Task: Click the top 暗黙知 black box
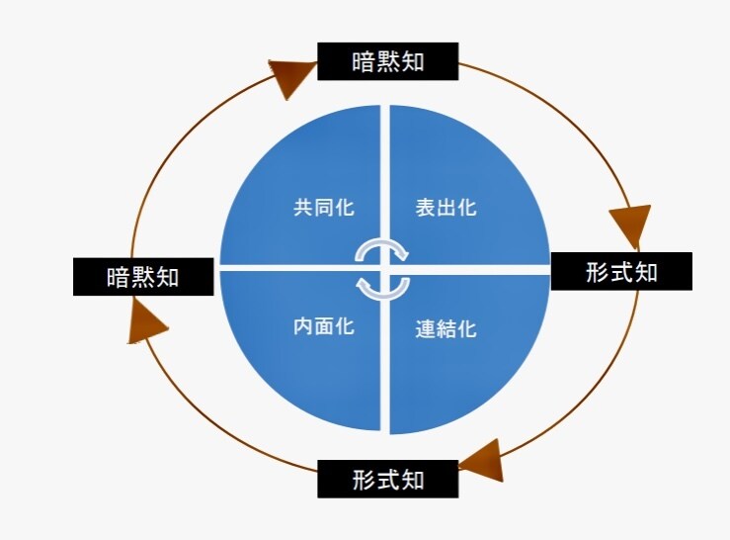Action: tap(388, 61)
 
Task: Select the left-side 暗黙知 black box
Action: tap(143, 277)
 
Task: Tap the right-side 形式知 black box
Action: tap(621, 271)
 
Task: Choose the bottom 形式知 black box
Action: tap(388, 479)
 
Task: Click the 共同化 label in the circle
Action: tap(324, 207)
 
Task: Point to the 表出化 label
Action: tap(446, 207)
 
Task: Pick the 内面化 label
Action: tap(324, 326)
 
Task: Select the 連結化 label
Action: tap(446, 329)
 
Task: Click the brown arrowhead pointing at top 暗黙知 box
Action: tap(292, 77)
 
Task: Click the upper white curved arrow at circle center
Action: tap(381, 248)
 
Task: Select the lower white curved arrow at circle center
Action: tap(382, 289)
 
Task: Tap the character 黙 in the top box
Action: tap(388, 61)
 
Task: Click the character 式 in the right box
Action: tap(621, 272)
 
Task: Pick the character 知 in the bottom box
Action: tap(413, 480)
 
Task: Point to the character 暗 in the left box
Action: tap(119, 277)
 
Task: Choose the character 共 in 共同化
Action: tap(303, 208)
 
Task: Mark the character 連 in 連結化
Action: tap(426, 329)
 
